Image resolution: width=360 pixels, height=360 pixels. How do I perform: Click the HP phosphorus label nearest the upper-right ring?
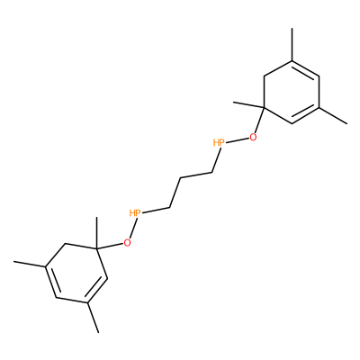[x=219, y=142]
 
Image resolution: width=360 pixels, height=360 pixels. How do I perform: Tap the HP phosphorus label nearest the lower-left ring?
[x=135, y=213]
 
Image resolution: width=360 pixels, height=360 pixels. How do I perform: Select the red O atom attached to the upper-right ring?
[x=254, y=138]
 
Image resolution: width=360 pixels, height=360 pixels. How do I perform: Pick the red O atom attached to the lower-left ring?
[x=128, y=243]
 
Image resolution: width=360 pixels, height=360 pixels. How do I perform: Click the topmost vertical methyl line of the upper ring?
[x=292, y=45]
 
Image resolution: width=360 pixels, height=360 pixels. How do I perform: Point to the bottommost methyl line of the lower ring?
[x=93, y=318]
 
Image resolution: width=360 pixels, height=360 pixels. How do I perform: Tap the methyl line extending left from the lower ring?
[x=30, y=264]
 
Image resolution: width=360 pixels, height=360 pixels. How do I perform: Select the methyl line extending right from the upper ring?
[x=333, y=115]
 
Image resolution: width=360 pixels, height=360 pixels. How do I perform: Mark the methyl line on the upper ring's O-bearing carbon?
[x=248, y=104]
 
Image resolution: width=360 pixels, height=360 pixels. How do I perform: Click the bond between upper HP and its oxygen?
[x=237, y=140]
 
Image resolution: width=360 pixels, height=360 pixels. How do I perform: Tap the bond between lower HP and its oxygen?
[x=133, y=229]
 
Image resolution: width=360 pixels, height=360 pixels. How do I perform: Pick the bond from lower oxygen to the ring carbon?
[x=110, y=246]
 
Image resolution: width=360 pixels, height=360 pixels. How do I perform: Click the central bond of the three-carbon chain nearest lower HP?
[x=175, y=193]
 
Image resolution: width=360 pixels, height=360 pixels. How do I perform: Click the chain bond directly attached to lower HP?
[x=156, y=211]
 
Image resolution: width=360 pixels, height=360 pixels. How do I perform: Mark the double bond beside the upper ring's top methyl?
[x=305, y=69]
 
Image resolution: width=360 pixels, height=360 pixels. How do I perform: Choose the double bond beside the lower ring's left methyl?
[x=51, y=282]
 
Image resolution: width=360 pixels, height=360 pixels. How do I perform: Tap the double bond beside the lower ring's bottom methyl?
[x=97, y=291]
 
